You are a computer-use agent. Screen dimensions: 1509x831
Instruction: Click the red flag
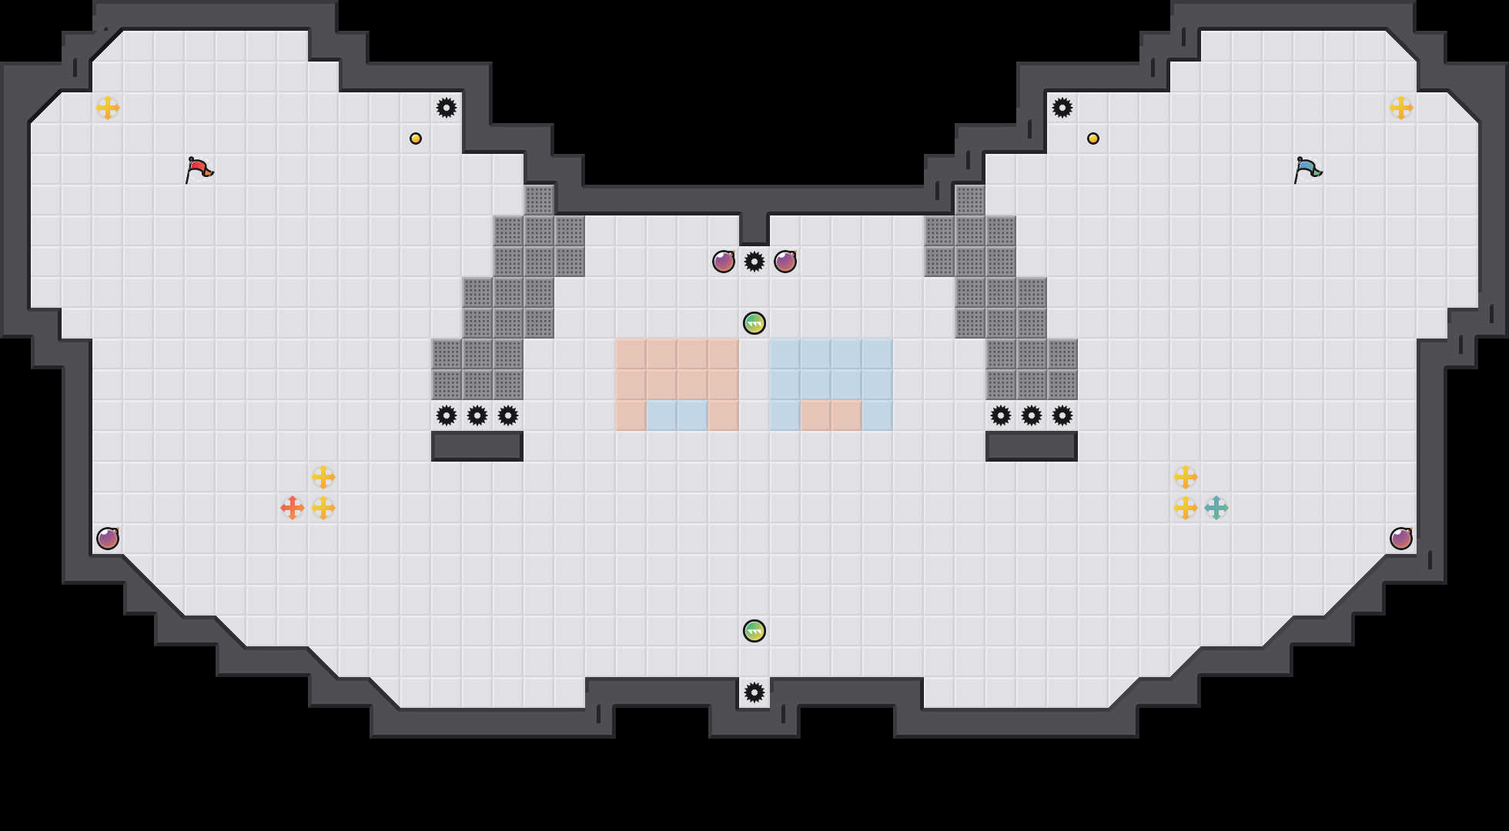coord(199,169)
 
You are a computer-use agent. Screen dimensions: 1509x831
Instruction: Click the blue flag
coord(1307,169)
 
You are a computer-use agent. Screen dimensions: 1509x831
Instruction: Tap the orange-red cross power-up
coord(293,508)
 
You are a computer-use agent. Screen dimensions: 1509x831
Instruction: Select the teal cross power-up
coord(1216,508)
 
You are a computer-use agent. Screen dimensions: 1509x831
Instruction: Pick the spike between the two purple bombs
coord(754,262)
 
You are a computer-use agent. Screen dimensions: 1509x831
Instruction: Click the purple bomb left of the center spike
coord(724,262)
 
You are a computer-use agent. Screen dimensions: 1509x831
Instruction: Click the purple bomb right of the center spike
coord(785,262)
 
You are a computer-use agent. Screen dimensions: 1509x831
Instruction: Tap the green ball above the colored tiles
coord(754,323)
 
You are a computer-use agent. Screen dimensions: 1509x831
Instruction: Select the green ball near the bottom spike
coord(754,631)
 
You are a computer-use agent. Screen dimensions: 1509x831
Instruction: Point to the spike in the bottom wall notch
coord(754,692)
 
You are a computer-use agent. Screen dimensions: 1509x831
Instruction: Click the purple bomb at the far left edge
coord(108,539)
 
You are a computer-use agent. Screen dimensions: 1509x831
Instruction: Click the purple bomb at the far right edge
coord(1401,539)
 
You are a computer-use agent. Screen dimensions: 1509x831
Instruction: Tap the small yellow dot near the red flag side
coord(416,138)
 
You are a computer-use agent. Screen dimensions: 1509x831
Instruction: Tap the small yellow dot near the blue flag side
coord(1093,138)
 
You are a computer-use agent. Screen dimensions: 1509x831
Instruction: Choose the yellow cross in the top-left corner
coord(108,108)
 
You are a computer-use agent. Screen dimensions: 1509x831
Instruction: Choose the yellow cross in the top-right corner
coord(1401,108)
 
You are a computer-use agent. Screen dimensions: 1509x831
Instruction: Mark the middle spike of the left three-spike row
coord(477,415)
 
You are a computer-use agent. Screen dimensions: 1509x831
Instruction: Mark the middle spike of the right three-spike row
coord(1032,415)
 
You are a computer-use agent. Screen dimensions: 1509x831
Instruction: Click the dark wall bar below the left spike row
coord(477,446)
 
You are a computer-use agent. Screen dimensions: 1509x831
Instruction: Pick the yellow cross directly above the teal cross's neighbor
coord(1186,477)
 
